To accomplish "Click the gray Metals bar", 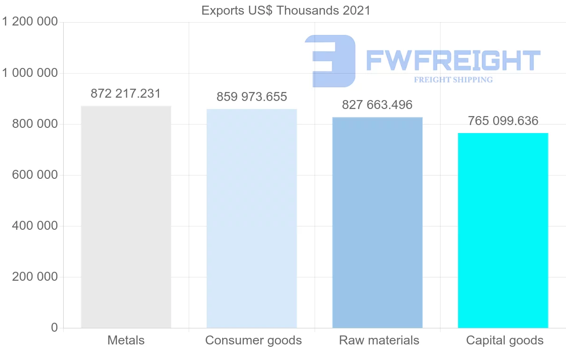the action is coord(126,217).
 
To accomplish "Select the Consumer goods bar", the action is coord(252,218).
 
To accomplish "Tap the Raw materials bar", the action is coord(377,223).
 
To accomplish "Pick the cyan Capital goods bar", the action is coord(503,231).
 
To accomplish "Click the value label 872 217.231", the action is coord(126,93).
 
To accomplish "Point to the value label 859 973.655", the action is coord(252,97).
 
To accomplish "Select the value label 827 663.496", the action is coord(377,105).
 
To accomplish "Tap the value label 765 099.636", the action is coord(503,121).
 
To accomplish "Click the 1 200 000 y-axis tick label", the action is coord(30,22).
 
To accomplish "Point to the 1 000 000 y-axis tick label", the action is coord(30,73).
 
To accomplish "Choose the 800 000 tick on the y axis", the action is coord(35,124).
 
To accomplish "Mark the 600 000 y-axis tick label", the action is coord(35,175).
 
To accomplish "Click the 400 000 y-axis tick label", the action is coord(35,226).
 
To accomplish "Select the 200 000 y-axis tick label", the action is coord(35,276).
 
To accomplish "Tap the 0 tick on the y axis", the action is coord(55,327).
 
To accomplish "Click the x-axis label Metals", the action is coord(126,340).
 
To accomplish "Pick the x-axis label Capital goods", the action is coord(505,341).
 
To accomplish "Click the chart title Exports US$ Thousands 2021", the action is coord(286,11).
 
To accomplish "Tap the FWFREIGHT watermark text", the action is coord(453,60).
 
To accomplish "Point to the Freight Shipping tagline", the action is coord(453,80).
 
